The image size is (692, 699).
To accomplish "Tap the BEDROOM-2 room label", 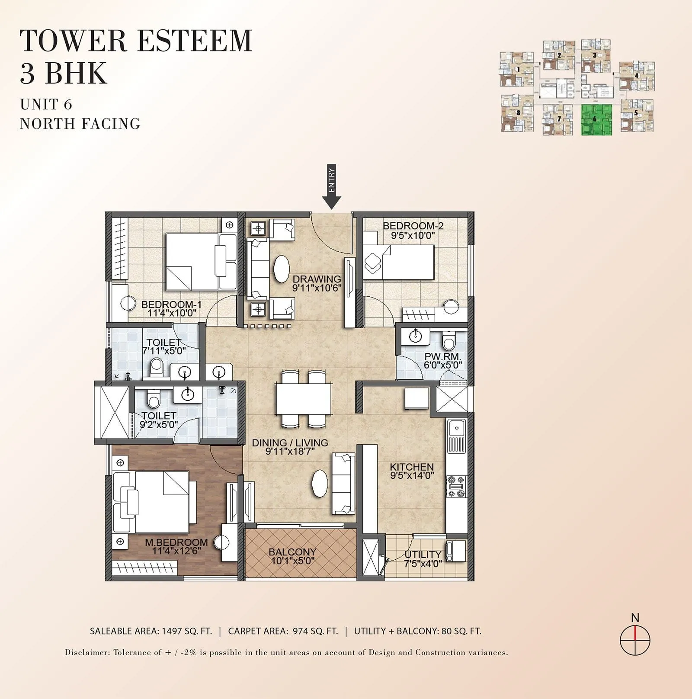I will click(x=413, y=226).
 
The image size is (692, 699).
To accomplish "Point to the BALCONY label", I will click(x=292, y=552).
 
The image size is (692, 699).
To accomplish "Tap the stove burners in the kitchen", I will click(x=456, y=487).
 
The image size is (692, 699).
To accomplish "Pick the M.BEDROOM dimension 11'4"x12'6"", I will click(x=176, y=551).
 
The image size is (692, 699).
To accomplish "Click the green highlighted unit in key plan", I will click(x=596, y=120).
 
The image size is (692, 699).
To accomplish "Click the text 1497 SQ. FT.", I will click(x=187, y=631).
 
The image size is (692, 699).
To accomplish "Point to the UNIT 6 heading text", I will click(x=46, y=104).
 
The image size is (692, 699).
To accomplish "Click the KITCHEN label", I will click(x=411, y=467).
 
